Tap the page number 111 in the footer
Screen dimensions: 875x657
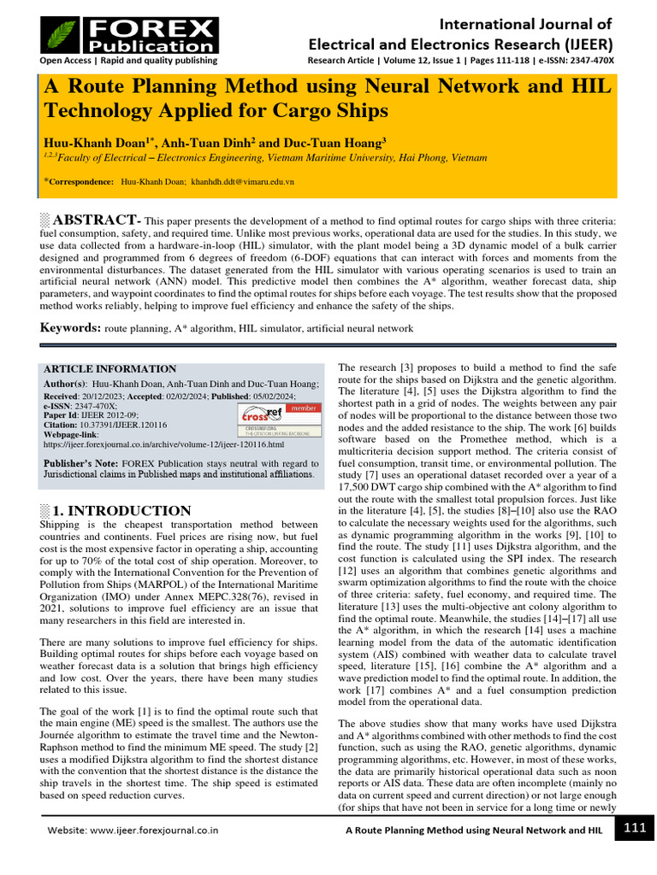pyautogui.click(x=634, y=829)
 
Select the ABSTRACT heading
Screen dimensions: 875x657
pyautogui.click(x=95, y=220)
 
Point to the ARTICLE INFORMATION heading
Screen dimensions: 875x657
pyautogui.click(x=109, y=369)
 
